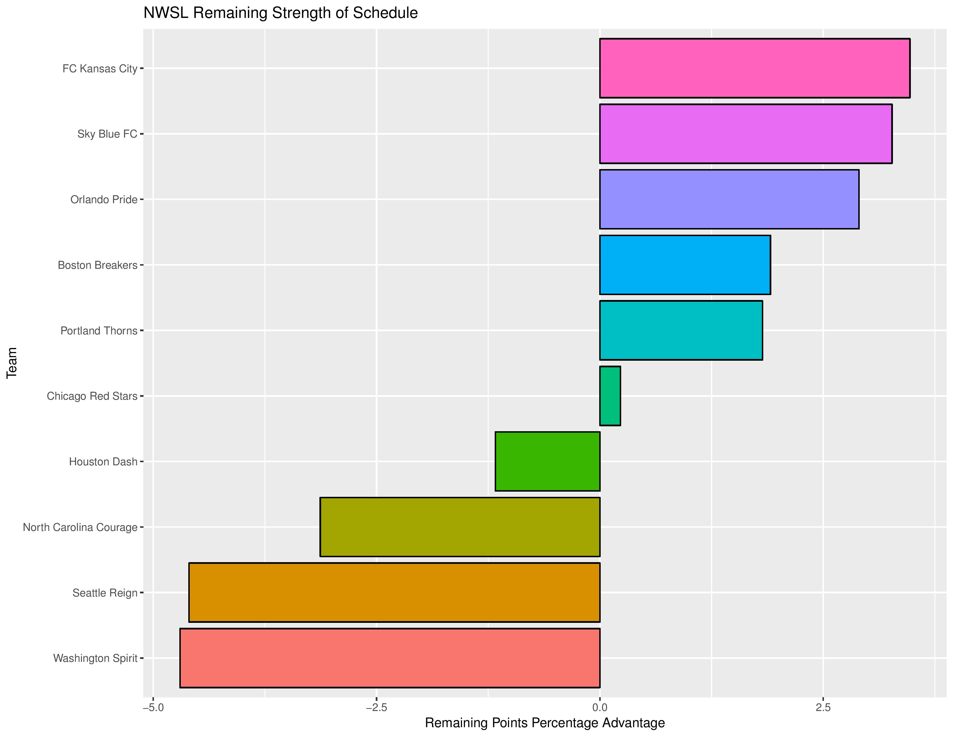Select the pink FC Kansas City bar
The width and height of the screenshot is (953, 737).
(754, 68)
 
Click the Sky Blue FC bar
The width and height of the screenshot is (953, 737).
(746, 134)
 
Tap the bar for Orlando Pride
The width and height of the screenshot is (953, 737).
(729, 199)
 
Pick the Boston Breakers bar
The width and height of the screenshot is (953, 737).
(685, 264)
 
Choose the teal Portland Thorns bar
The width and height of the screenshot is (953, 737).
(681, 330)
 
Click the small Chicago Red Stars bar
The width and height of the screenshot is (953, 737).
(610, 396)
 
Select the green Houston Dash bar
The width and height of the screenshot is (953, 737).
(548, 461)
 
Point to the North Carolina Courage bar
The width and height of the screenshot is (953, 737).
(460, 527)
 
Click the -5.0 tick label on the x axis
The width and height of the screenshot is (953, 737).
(153, 707)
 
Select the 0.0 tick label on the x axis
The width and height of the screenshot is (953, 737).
(600, 707)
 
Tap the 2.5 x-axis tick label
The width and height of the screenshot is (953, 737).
(823, 707)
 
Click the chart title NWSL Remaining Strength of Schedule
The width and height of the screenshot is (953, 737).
(281, 13)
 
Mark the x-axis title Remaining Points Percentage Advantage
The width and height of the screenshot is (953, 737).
(545, 723)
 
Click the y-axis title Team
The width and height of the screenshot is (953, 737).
(12, 363)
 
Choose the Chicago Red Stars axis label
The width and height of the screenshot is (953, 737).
(92, 396)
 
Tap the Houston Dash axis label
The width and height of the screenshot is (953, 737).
(103, 462)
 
